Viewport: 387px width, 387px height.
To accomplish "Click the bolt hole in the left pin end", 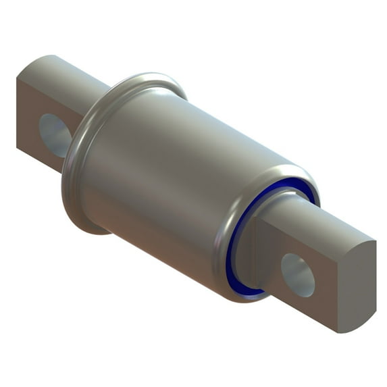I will pos(54,134).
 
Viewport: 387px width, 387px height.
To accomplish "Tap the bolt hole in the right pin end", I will pos(298,274).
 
